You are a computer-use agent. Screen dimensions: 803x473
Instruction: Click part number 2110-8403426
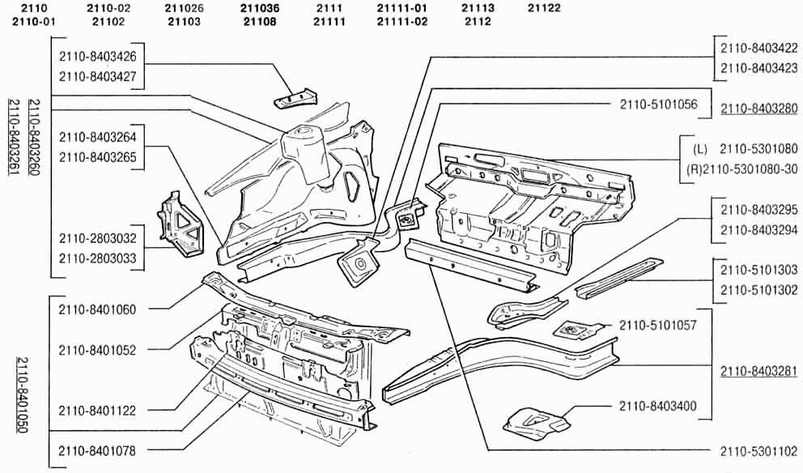pyautogui.click(x=98, y=57)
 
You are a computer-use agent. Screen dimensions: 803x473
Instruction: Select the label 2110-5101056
pyautogui.click(x=659, y=104)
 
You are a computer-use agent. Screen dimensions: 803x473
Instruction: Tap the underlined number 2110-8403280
pyautogui.click(x=759, y=109)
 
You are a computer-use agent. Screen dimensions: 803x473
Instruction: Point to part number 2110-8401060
pyautogui.click(x=97, y=309)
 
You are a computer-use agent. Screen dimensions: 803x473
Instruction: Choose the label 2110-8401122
pyautogui.click(x=97, y=411)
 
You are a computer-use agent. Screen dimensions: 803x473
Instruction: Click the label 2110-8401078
pyautogui.click(x=97, y=451)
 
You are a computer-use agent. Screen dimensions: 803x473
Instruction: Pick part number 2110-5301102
pyautogui.click(x=759, y=451)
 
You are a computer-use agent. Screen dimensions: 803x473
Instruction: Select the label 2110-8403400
pyautogui.click(x=658, y=407)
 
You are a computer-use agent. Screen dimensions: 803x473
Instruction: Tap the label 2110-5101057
pyautogui.click(x=658, y=326)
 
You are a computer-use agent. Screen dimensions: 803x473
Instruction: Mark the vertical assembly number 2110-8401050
pyautogui.click(x=22, y=395)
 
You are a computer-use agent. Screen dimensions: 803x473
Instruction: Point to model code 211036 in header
pyautogui.click(x=260, y=8)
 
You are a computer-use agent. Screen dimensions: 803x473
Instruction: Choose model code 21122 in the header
pyautogui.click(x=544, y=8)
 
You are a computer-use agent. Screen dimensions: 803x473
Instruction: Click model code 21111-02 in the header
pyautogui.click(x=402, y=22)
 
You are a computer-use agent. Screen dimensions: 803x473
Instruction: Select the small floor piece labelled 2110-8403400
pyautogui.click(x=537, y=424)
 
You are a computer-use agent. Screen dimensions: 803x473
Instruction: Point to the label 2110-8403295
pyautogui.click(x=759, y=210)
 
